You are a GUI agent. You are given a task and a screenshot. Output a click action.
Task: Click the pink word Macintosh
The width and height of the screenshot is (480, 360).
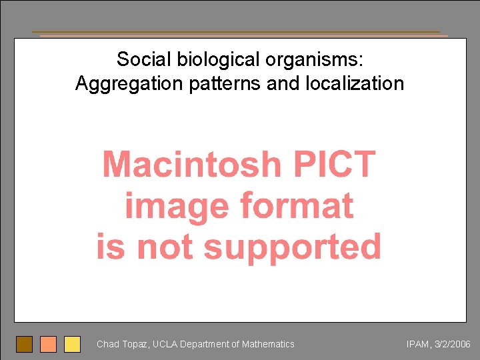[x=191, y=164]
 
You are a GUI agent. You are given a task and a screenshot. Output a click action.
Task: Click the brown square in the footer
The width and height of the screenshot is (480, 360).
[x=24, y=344]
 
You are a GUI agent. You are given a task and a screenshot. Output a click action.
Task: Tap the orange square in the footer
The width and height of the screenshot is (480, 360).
[x=48, y=344]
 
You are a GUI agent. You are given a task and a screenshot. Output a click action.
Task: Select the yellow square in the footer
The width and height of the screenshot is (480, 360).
[x=72, y=344]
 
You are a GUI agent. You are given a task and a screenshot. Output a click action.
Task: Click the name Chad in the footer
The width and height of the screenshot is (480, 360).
[x=107, y=344]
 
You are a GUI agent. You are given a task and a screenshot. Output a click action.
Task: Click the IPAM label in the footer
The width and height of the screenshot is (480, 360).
[x=418, y=345]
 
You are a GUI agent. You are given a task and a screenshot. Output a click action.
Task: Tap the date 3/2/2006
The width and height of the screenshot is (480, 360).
[x=453, y=345]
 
